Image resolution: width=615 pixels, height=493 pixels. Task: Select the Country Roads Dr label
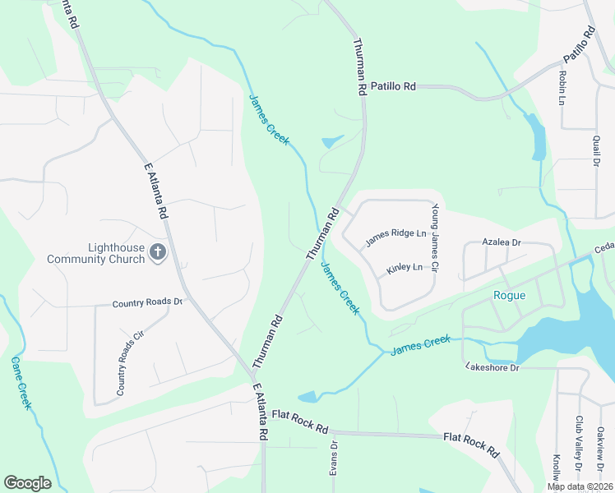(147, 302)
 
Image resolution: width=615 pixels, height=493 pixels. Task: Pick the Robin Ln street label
(562, 87)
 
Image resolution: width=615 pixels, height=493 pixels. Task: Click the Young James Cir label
(436, 239)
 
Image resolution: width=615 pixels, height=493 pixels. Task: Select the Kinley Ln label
(405, 268)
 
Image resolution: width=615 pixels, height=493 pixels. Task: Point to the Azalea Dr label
(502, 242)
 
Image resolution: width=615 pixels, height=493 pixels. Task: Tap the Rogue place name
(508, 296)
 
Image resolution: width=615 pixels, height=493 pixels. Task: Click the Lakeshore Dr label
(492, 366)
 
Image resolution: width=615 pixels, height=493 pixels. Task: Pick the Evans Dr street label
(335, 457)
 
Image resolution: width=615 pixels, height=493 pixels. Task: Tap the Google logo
(27, 483)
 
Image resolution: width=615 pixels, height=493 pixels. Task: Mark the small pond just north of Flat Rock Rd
(309, 397)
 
